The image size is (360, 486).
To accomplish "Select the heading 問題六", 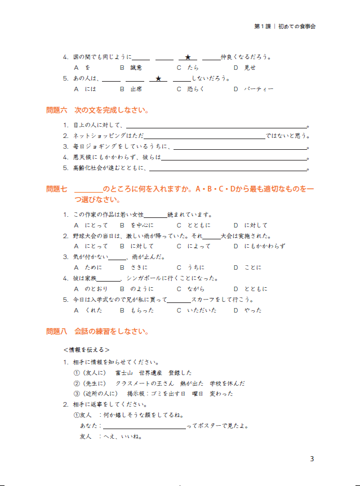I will point(56,110).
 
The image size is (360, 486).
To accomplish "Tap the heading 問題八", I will point(56,332).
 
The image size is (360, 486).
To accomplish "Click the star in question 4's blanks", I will point(188,57).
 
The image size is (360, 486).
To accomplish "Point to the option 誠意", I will point(136,68).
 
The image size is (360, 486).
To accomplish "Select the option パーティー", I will point(259,89).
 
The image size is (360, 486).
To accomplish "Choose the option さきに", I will point(137,267).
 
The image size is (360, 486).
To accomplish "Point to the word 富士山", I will point(123,373).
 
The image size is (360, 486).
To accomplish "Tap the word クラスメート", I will point(136,383).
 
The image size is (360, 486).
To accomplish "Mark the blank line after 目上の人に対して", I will point(216,126).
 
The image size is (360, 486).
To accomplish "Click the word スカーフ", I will point(204,300).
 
